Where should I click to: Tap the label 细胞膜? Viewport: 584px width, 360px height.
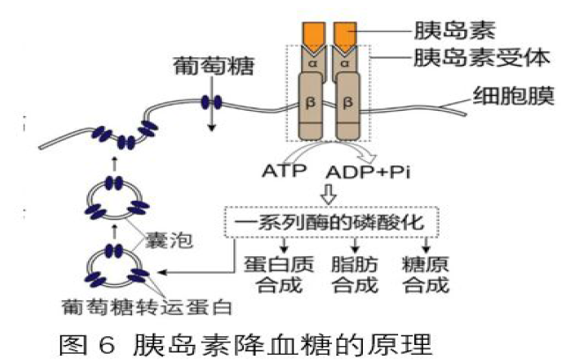(513, 94)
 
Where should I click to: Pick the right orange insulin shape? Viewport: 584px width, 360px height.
(345, 33)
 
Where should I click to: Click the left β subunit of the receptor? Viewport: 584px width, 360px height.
(310, 104)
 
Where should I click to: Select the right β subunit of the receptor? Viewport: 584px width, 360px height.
(348, 104)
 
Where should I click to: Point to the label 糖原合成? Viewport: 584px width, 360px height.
(426, 274)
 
